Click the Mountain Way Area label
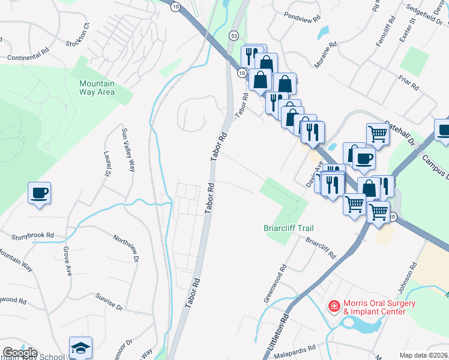(x=97, y=88)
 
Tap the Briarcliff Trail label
(x=288, y=228)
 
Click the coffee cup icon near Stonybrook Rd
(x=40, y=193)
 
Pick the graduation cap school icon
(x=80, y=348)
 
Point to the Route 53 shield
(x=233, y=37)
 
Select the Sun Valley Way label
(x=128, y=150)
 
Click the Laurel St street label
(x=108, y=164)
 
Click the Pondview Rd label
(x=303, y=19)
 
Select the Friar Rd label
(x=407, y=82)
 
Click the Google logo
(x=20, y=353)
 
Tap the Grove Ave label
(x=67, y=257)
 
